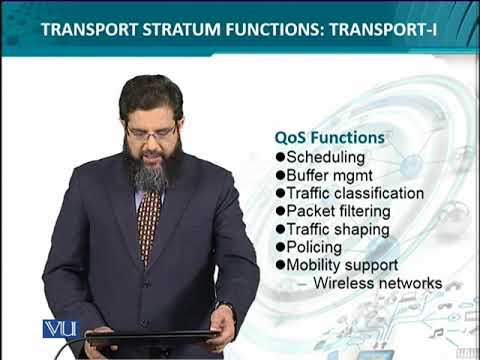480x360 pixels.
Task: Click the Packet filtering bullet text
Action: tap(343, 211)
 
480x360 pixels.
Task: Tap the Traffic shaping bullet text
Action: tap(339, 229)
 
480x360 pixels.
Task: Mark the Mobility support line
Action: tap(342, 265)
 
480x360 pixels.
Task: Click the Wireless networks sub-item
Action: tap(376, 283)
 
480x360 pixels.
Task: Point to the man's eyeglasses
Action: tap(153, 131)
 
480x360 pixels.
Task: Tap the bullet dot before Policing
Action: tap(279, 247)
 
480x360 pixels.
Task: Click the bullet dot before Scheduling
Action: tap(279, 157)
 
